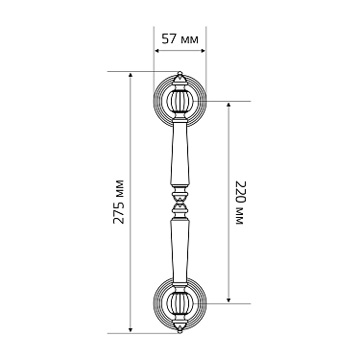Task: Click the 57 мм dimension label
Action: pos(180,39)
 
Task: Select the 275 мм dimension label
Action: pos(119,202)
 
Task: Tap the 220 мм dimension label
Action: pos(240,203)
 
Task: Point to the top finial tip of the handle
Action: pos(180,73)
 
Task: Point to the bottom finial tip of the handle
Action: pos(180,331)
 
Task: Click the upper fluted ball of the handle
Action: pos(180,101)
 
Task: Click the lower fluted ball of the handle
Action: pos(180,303)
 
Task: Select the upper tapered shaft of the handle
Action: pos(180,155)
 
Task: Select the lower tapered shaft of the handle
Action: pos(180,251)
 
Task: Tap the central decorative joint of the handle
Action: pos(180,203)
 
